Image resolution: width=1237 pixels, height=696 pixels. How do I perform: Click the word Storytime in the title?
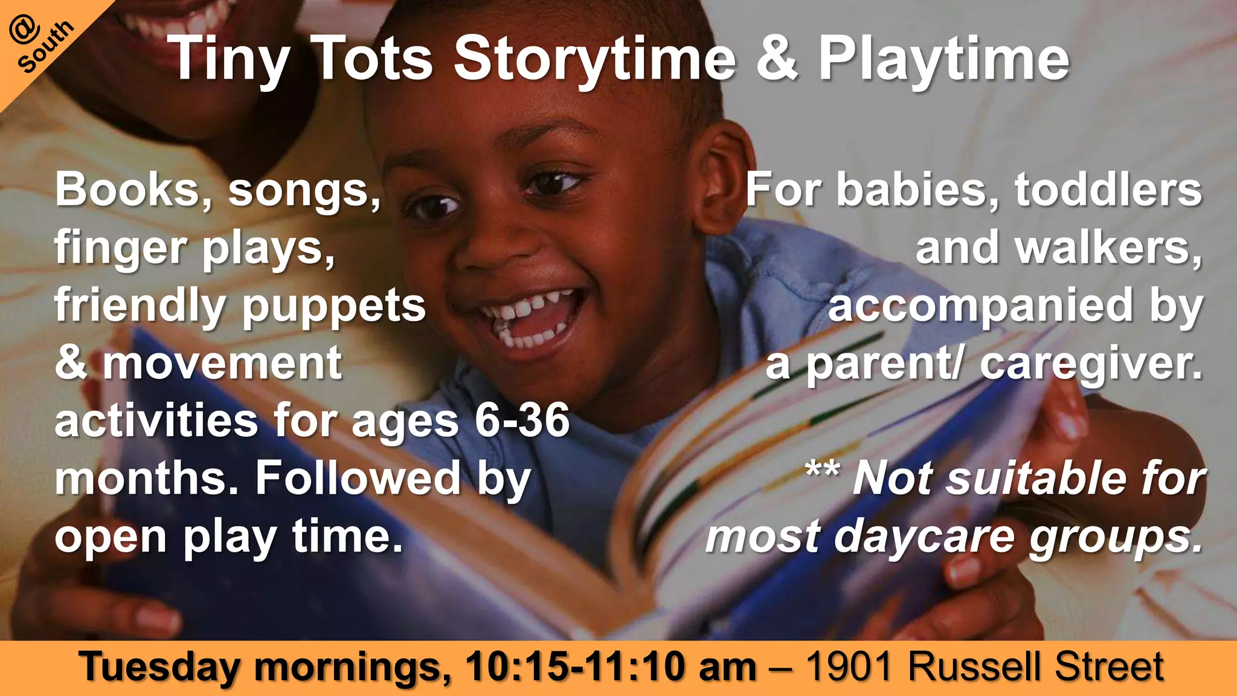(x=595, y=59)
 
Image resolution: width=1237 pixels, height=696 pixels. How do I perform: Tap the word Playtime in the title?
(x=943, y=59)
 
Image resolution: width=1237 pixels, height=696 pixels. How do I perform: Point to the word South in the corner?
(x=46, y=47)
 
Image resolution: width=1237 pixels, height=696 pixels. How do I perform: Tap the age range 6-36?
(x=522, y=420)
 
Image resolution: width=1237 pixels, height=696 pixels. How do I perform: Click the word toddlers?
(x=1108, y=190)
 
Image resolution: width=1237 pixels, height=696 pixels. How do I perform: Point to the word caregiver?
(x=1091, y=365)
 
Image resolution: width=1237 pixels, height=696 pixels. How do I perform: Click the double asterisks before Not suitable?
(x=822, y=469)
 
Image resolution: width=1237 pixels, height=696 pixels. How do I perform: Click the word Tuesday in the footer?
(x=159, y=668)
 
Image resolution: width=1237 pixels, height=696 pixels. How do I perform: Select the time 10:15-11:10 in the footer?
(x=576, y=667)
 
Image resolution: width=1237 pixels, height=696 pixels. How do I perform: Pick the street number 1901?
(x=849, y=667)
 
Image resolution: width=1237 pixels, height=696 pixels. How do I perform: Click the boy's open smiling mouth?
(x=529, y=317)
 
